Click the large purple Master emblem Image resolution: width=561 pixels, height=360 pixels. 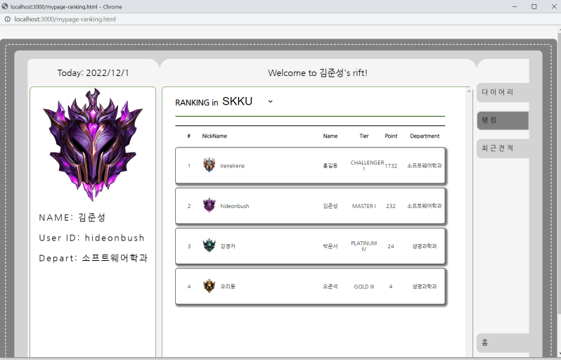point(93,143)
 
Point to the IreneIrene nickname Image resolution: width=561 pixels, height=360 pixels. point(233,166)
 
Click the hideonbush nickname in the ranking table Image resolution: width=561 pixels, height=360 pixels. point(235,206)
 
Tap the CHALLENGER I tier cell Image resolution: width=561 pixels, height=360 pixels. point(367,165)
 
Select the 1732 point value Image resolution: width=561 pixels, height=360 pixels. point(391,166)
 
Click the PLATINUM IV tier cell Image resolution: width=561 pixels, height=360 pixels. point(363,246)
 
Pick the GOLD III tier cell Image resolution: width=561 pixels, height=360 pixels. point(364,286)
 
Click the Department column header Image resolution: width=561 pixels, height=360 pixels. point(425,136)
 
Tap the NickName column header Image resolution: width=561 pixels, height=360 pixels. point(214,136)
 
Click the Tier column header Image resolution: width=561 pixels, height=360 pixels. point(363,136)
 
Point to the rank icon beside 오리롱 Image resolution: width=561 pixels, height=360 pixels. point(209,286)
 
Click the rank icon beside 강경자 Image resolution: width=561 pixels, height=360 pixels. point(209,246)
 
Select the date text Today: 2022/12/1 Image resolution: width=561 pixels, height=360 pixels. point(93,73)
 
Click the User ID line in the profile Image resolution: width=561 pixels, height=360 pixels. point(92,238)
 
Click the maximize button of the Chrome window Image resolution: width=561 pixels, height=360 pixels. point(534,6)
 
